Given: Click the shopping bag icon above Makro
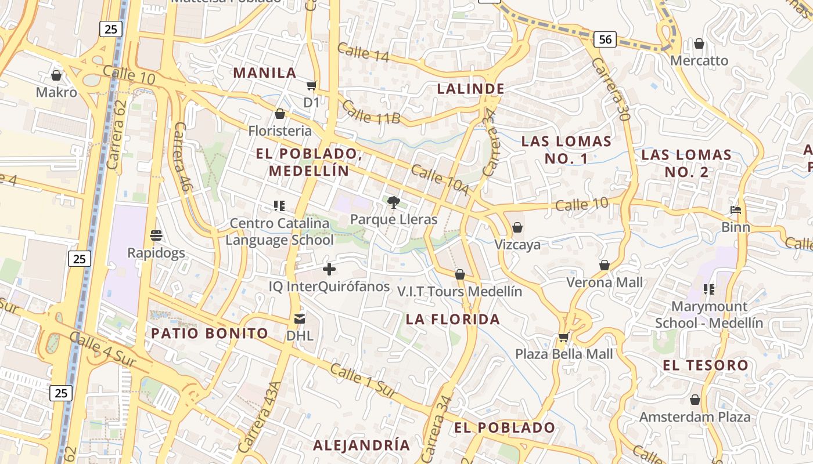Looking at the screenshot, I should click(x=56, y=75).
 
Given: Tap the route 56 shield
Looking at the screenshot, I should click(x=605, y=39).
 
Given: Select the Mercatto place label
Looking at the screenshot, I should click(x=699, y=60).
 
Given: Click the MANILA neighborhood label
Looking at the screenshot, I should click(x=265, y=73).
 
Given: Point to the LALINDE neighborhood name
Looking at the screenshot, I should click(x=470, y=89).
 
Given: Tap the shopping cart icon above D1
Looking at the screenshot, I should click(x=312, y=86).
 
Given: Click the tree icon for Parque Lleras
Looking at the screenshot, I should click(x=394, y=202).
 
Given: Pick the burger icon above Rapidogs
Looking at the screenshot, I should click(x=156, y=235).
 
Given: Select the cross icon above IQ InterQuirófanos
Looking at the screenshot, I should click(x=329, y=269).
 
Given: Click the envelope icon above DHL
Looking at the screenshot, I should click(x=300, y=318).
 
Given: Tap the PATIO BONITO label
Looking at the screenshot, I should click(x=210, y=333).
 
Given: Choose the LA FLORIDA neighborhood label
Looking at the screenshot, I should click(x=453, y=319).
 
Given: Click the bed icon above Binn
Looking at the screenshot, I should click(x=736, y=210).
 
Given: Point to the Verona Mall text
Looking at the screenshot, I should click(x=605, y=282).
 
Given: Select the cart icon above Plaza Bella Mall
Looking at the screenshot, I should click(x=563, y=337).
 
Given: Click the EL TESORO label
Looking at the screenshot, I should click(x=706, y=365).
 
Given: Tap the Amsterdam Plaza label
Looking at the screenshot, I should click(x=695, y=417).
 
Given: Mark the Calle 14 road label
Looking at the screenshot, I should click(x=363, y=52).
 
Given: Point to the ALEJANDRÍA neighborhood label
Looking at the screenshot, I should click(x=361, y=445).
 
